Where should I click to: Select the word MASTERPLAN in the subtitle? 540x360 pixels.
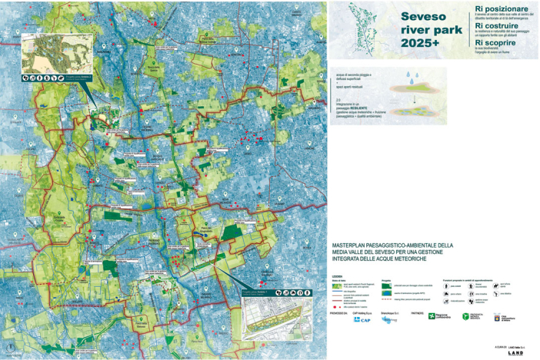click(x=350, y=245)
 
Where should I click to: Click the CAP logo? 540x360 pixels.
click(x=358, y=319)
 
